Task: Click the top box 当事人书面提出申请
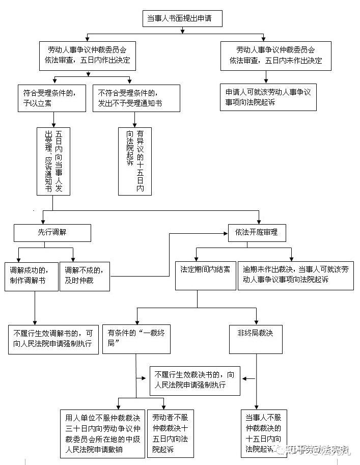point(179,19)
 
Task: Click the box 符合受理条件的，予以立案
point(51,98)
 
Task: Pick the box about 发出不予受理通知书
point(131,98)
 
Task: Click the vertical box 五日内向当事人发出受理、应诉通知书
point(53,161)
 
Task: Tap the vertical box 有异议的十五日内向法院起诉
point(135,161)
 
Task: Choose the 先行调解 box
point(52,232)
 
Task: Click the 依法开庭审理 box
point(257,232)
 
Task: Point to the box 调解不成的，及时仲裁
point(85,276)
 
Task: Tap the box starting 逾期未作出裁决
point(295,276)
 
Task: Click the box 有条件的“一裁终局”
point(136,339)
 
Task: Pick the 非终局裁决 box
point(256,339)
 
